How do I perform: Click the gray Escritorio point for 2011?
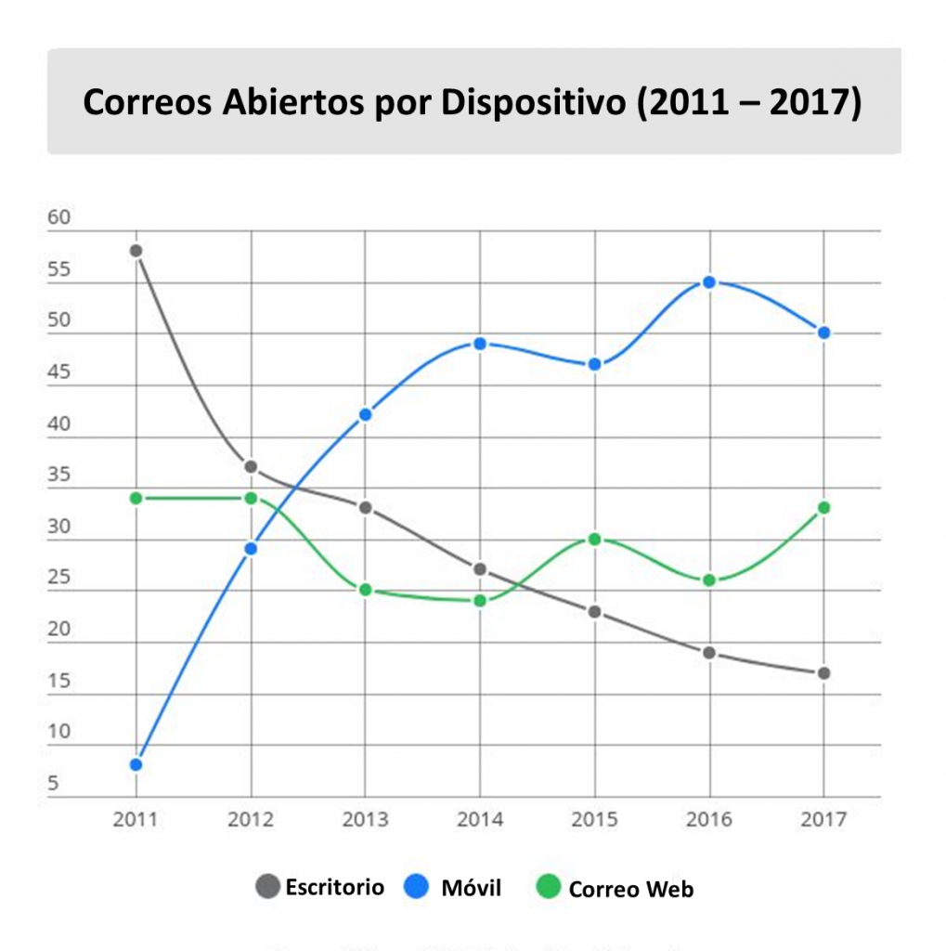(136, 251)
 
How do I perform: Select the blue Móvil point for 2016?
(709, 282)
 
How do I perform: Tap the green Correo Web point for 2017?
(823, 508)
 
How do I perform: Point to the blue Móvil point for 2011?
(136, 764)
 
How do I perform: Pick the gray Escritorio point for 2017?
(823, 673)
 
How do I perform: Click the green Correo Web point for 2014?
(480, 601)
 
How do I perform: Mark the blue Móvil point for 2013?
(366, 414)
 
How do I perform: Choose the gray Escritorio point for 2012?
(251, 466)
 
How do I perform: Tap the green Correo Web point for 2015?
(594, 539)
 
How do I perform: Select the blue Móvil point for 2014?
(480, 344)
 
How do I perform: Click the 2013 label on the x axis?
(366, 820)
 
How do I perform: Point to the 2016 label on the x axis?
(709, 820)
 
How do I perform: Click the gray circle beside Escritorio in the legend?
(267, 887)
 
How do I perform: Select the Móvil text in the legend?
(471, 889)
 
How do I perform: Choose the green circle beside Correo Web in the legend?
(550, 888)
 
